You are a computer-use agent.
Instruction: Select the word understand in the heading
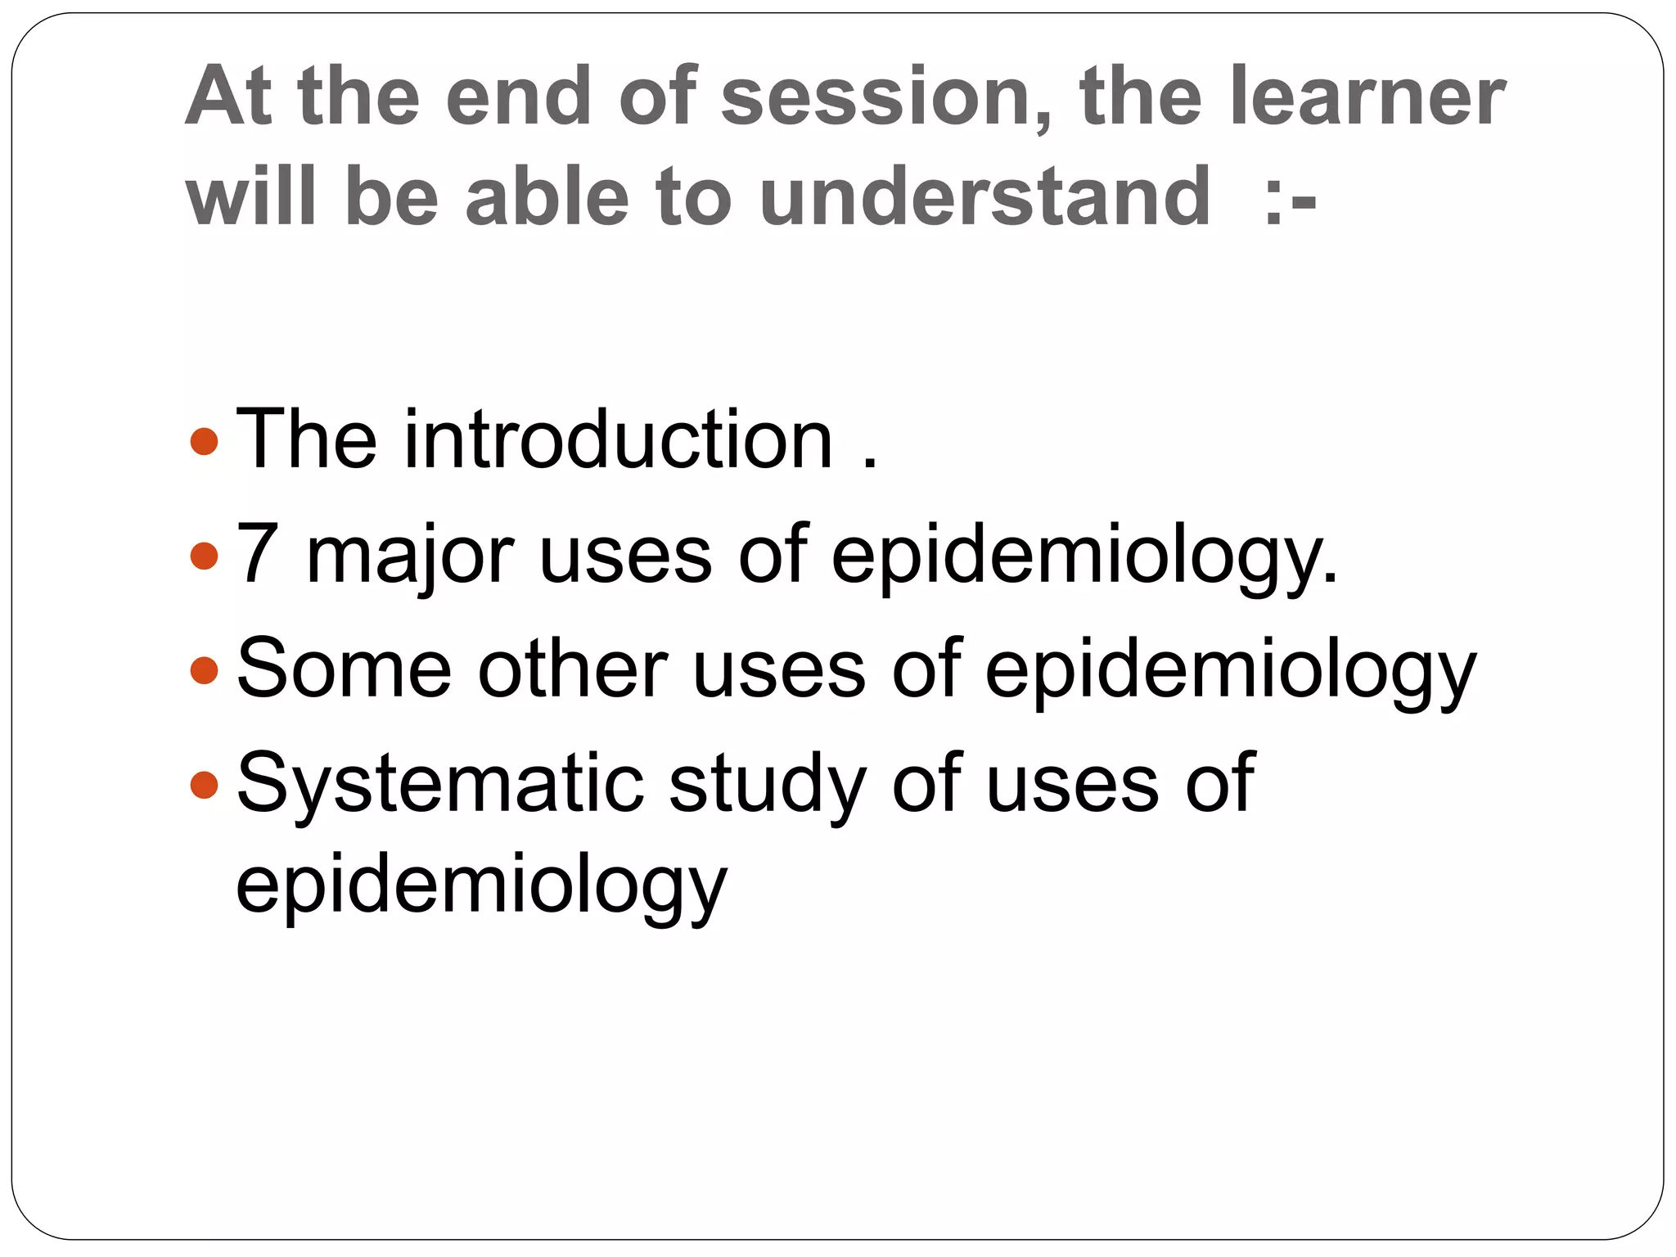click(x=984, y=196)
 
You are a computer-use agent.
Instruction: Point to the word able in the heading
click(x=547, y=196)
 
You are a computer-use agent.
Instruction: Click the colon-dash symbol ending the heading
click(x=1290, y=200)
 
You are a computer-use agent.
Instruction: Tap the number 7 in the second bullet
click(x=255, y=555)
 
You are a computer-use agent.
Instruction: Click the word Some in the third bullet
click(x=344, y=669)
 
